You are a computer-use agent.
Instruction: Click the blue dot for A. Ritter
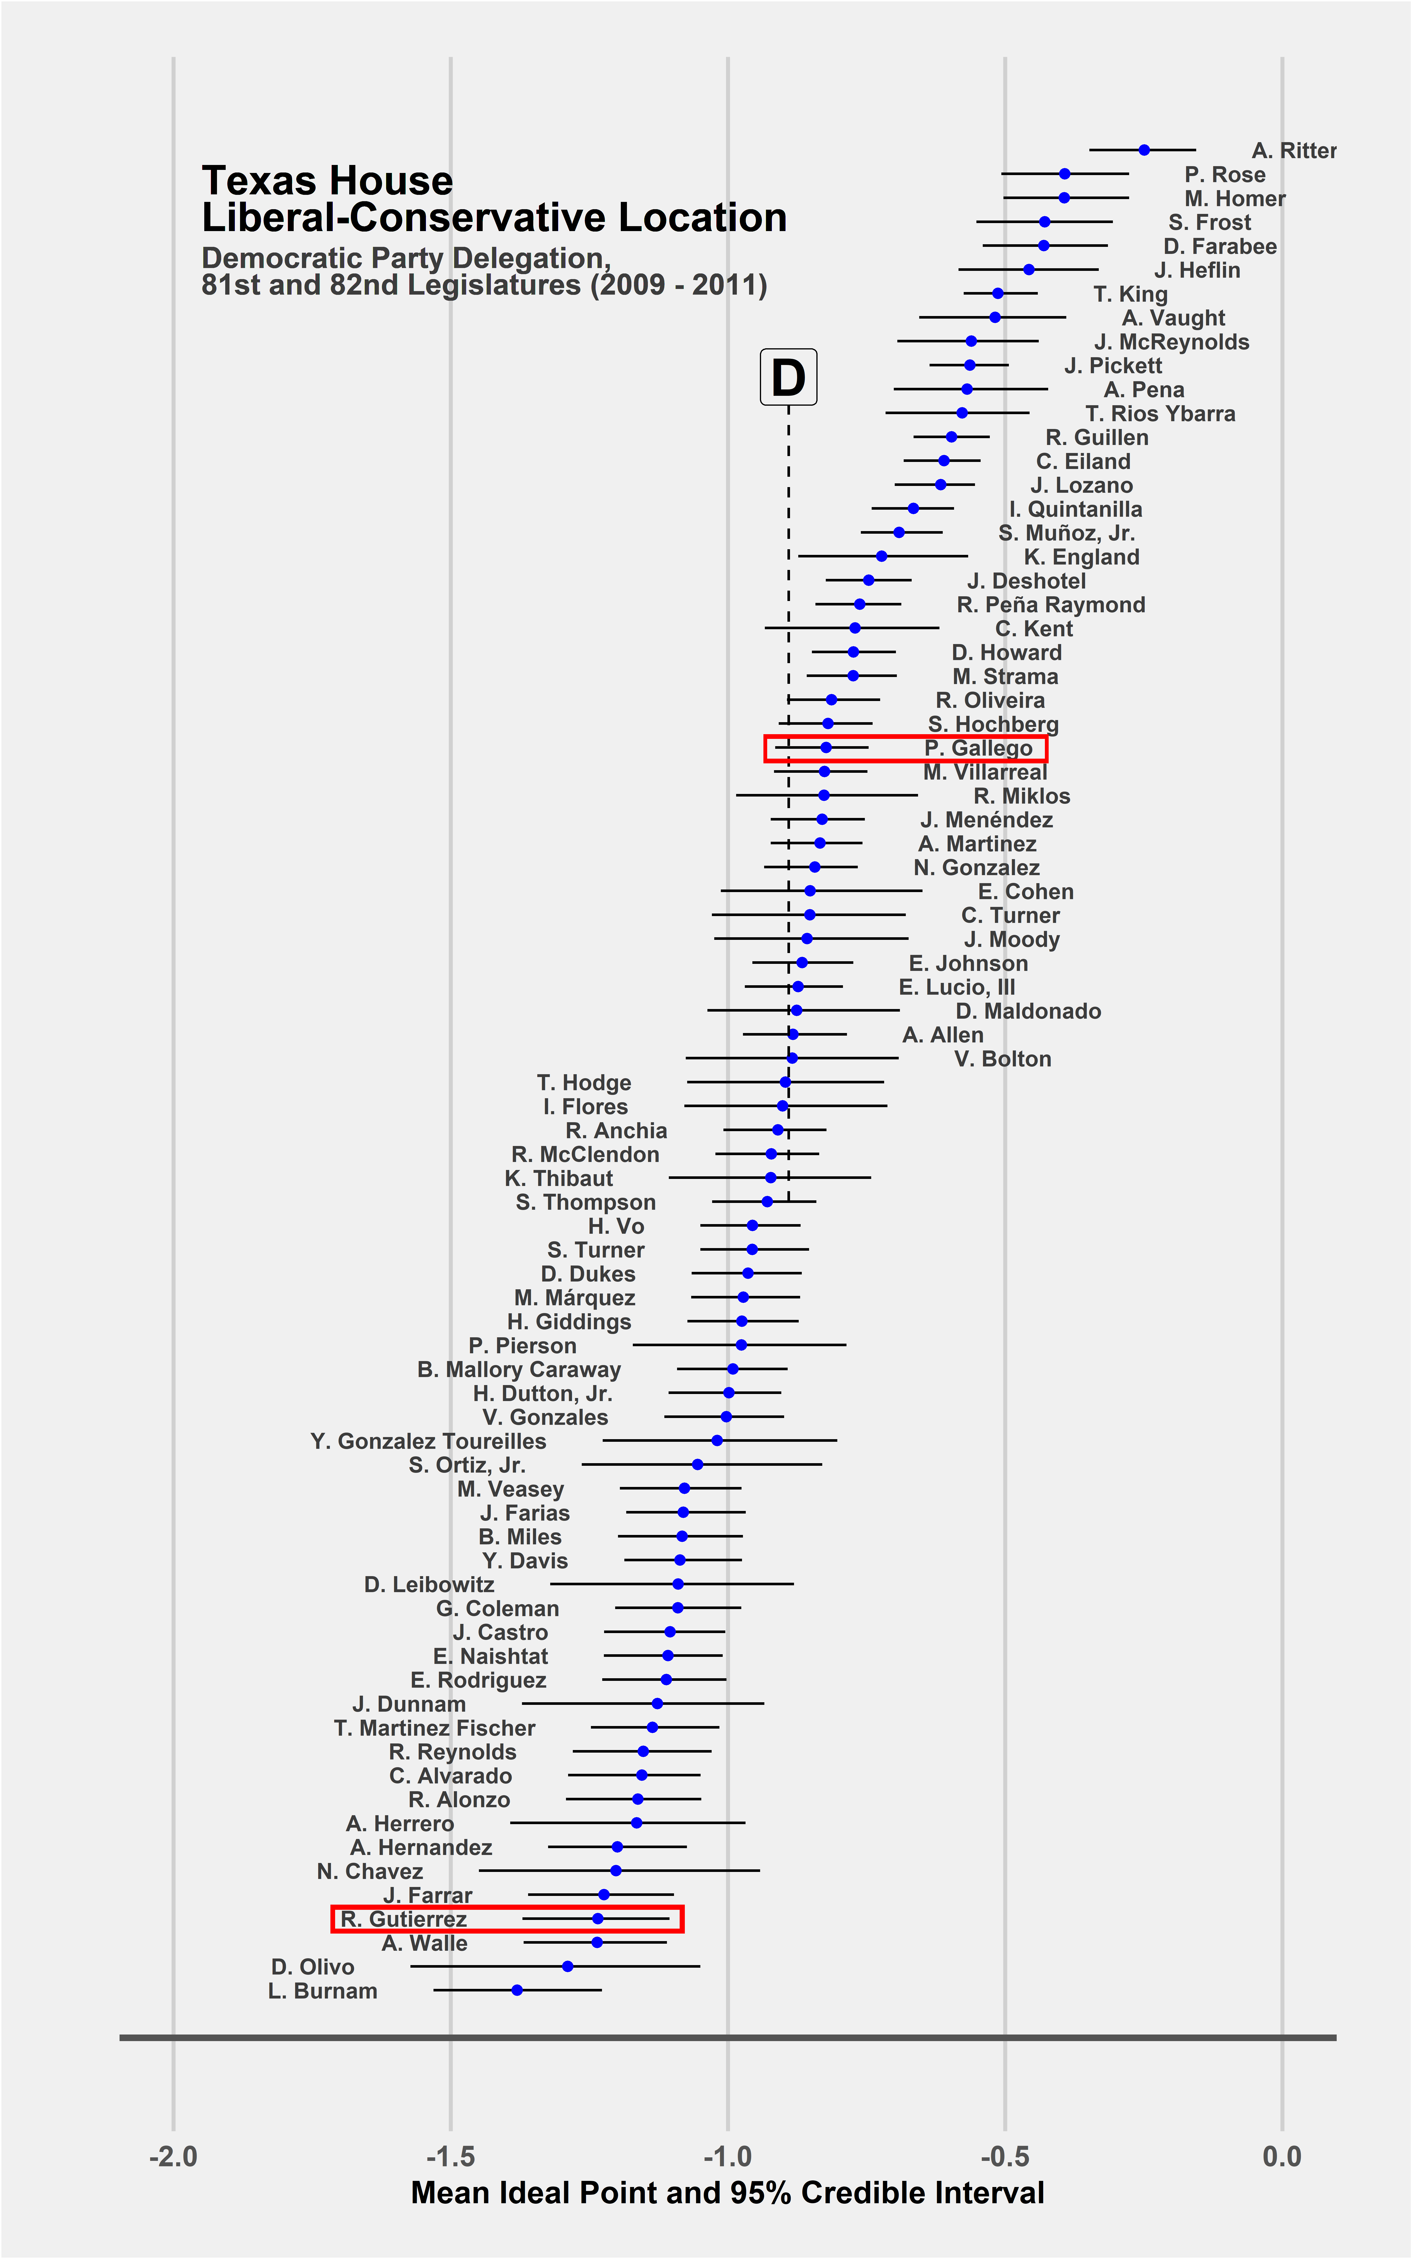point(1144,149)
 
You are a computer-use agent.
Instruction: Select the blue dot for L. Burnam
point(516,1990)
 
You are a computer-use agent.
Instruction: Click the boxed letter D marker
point(789,377)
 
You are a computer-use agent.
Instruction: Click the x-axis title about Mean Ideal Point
point(727,2194)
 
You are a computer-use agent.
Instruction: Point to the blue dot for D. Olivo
point(567,1966)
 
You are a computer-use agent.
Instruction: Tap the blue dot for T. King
point(997,293)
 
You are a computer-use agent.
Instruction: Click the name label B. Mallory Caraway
point(519,1370)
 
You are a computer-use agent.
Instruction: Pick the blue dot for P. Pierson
point(741,1345)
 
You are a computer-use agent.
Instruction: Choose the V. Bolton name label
point(1003,1059)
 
